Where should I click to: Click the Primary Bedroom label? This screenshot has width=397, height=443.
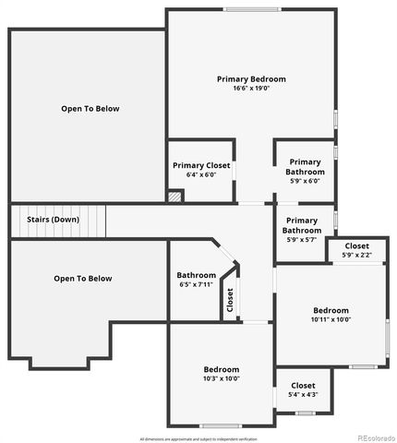[x=251, y=79]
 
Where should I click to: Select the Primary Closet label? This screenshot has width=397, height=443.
[x=200, y=166]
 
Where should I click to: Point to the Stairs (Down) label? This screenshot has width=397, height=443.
[x=53, y=220]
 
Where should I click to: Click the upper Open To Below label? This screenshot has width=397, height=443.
[x=90, y=109]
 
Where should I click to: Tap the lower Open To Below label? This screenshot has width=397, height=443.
[x=82, y=279]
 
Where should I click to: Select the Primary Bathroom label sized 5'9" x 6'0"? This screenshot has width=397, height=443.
[x=305, y=167]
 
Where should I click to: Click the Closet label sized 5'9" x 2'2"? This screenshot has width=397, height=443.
[x=356, y=246]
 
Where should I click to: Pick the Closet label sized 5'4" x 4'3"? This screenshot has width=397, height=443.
[x=303, y=386]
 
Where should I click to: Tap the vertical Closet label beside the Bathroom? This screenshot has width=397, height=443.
[x=230, y=300]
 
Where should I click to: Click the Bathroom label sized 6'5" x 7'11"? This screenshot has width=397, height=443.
[x=196, y=275]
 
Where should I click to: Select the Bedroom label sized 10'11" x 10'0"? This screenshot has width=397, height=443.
[x=331, y=310]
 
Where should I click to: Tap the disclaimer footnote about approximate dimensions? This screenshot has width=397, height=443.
[x=198, y=437]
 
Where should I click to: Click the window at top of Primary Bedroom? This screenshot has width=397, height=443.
[x=251, y=10]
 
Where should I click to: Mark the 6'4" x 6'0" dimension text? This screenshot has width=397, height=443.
[x=200, y=175]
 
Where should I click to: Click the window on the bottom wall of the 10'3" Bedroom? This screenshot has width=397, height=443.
[x=221, y=425]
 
